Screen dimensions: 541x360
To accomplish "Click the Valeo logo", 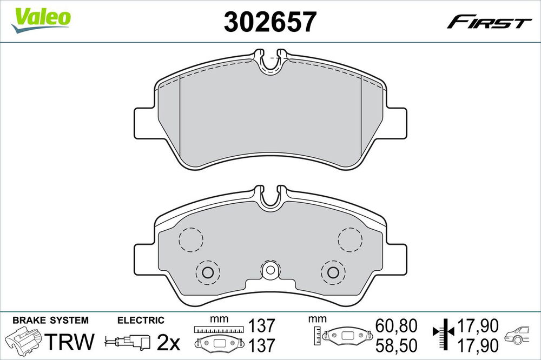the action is [x=41, y=20].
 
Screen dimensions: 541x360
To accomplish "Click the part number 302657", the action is [x=270, y=22].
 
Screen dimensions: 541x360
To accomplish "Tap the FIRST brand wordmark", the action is [x=489, y=22].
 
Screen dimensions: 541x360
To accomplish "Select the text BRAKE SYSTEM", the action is [x=50, y=321].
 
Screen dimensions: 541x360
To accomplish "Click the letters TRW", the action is [x=69, y=342].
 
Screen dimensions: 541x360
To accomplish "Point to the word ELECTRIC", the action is [x=141, y=321].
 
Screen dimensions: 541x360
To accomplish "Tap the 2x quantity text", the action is [x=168, y=342].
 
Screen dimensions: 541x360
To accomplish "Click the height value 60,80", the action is [x=397, y=325].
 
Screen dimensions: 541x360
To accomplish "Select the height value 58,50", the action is [x=397, y=345].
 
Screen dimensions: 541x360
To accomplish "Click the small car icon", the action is [x=517, y=335].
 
